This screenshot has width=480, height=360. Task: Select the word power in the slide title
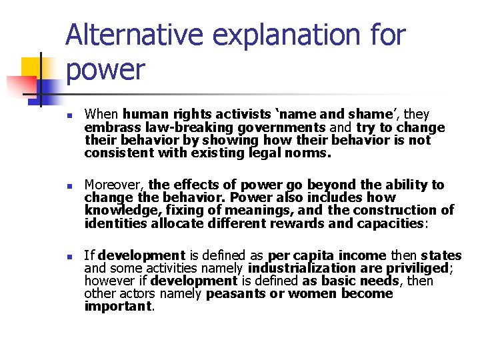[105, 69]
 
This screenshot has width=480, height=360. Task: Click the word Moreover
[113, 185]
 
